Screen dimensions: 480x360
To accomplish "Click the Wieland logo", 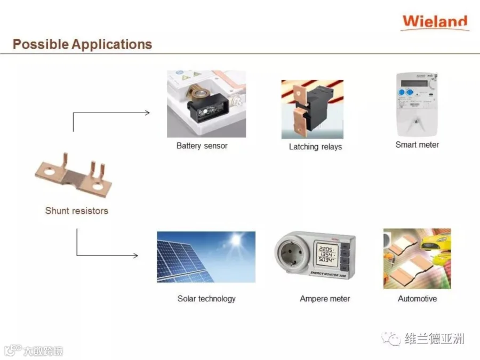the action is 435,22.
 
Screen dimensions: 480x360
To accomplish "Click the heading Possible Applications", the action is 82,44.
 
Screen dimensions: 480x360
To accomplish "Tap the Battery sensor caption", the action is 202,146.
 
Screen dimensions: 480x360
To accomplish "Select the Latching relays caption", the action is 315,147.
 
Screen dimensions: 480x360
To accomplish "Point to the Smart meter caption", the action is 417,145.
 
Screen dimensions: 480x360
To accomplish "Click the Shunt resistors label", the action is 76,211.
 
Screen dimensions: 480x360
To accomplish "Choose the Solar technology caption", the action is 206,299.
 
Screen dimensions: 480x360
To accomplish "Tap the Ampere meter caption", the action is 325,299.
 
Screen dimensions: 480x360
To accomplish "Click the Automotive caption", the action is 417,299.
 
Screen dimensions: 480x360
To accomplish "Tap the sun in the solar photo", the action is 235,241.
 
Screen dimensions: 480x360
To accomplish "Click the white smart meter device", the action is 417,104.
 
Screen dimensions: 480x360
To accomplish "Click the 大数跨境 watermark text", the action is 42,351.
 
